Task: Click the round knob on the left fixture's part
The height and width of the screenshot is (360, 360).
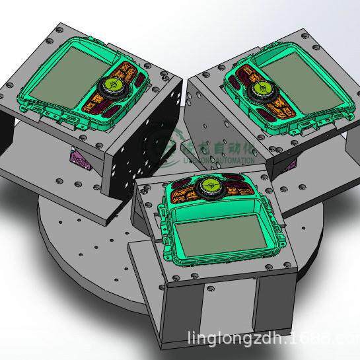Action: [x=110, y=85]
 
